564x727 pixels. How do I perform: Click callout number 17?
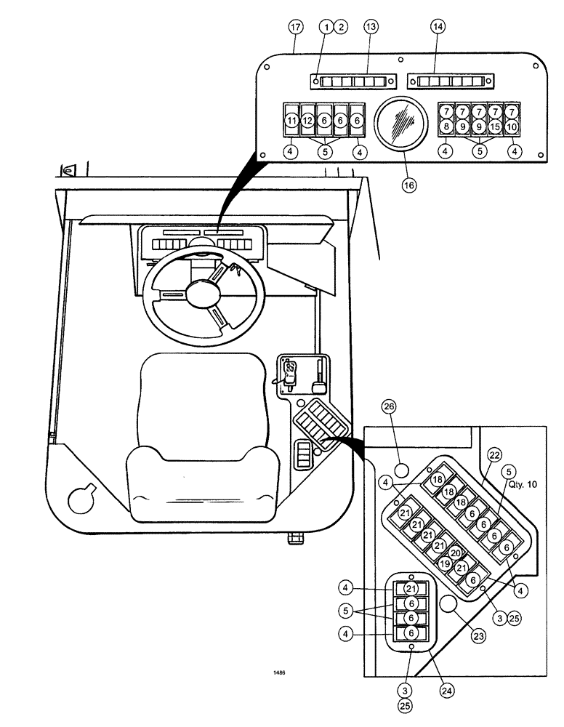click(x=295, y=26)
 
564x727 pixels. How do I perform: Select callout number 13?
click(x=371, y=26)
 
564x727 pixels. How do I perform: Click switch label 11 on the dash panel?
click(x=291, y=120)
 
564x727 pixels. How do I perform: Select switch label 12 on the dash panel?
click(x=307, y=120)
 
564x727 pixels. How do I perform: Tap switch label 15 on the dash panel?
click(x=494, y=126)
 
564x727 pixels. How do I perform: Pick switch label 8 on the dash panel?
click(x=446, y=126)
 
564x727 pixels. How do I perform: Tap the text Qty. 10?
click(x=522, y=483)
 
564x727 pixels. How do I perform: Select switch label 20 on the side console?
click(x=455, y=553)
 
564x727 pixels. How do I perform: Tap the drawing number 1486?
click(x=280, y=673)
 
